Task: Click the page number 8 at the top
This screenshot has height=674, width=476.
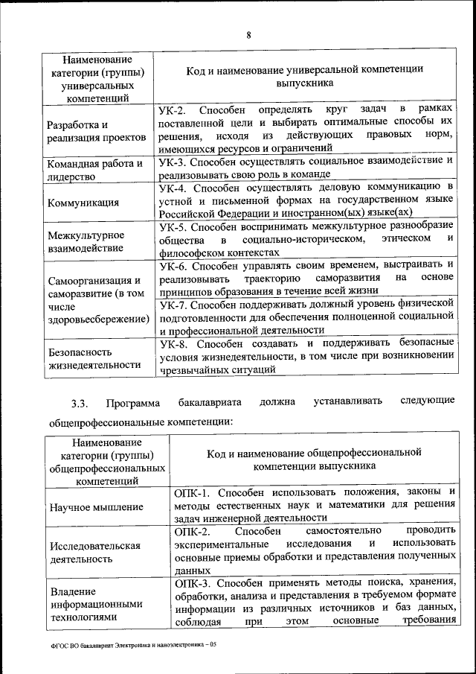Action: [248, 35]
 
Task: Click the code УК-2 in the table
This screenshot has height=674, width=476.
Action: [174, 110]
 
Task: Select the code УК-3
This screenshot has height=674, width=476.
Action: [174, 161]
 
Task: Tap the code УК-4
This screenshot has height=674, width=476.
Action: [174, 186]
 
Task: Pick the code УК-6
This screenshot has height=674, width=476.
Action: [174, 264]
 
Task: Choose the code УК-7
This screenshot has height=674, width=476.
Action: [174, 303]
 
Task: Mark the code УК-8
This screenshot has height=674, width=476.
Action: [174, 343]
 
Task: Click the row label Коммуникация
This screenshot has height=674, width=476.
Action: [82, 202]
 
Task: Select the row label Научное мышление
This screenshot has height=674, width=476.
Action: [97, 507]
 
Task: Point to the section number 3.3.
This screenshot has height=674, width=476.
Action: [80, 403]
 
